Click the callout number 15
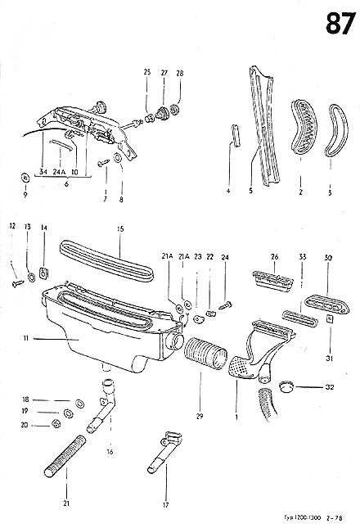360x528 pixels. click(119, 230)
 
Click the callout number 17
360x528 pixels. click(165, 504)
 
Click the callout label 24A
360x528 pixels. click(59, 173)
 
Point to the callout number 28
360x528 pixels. click(180, 73)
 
